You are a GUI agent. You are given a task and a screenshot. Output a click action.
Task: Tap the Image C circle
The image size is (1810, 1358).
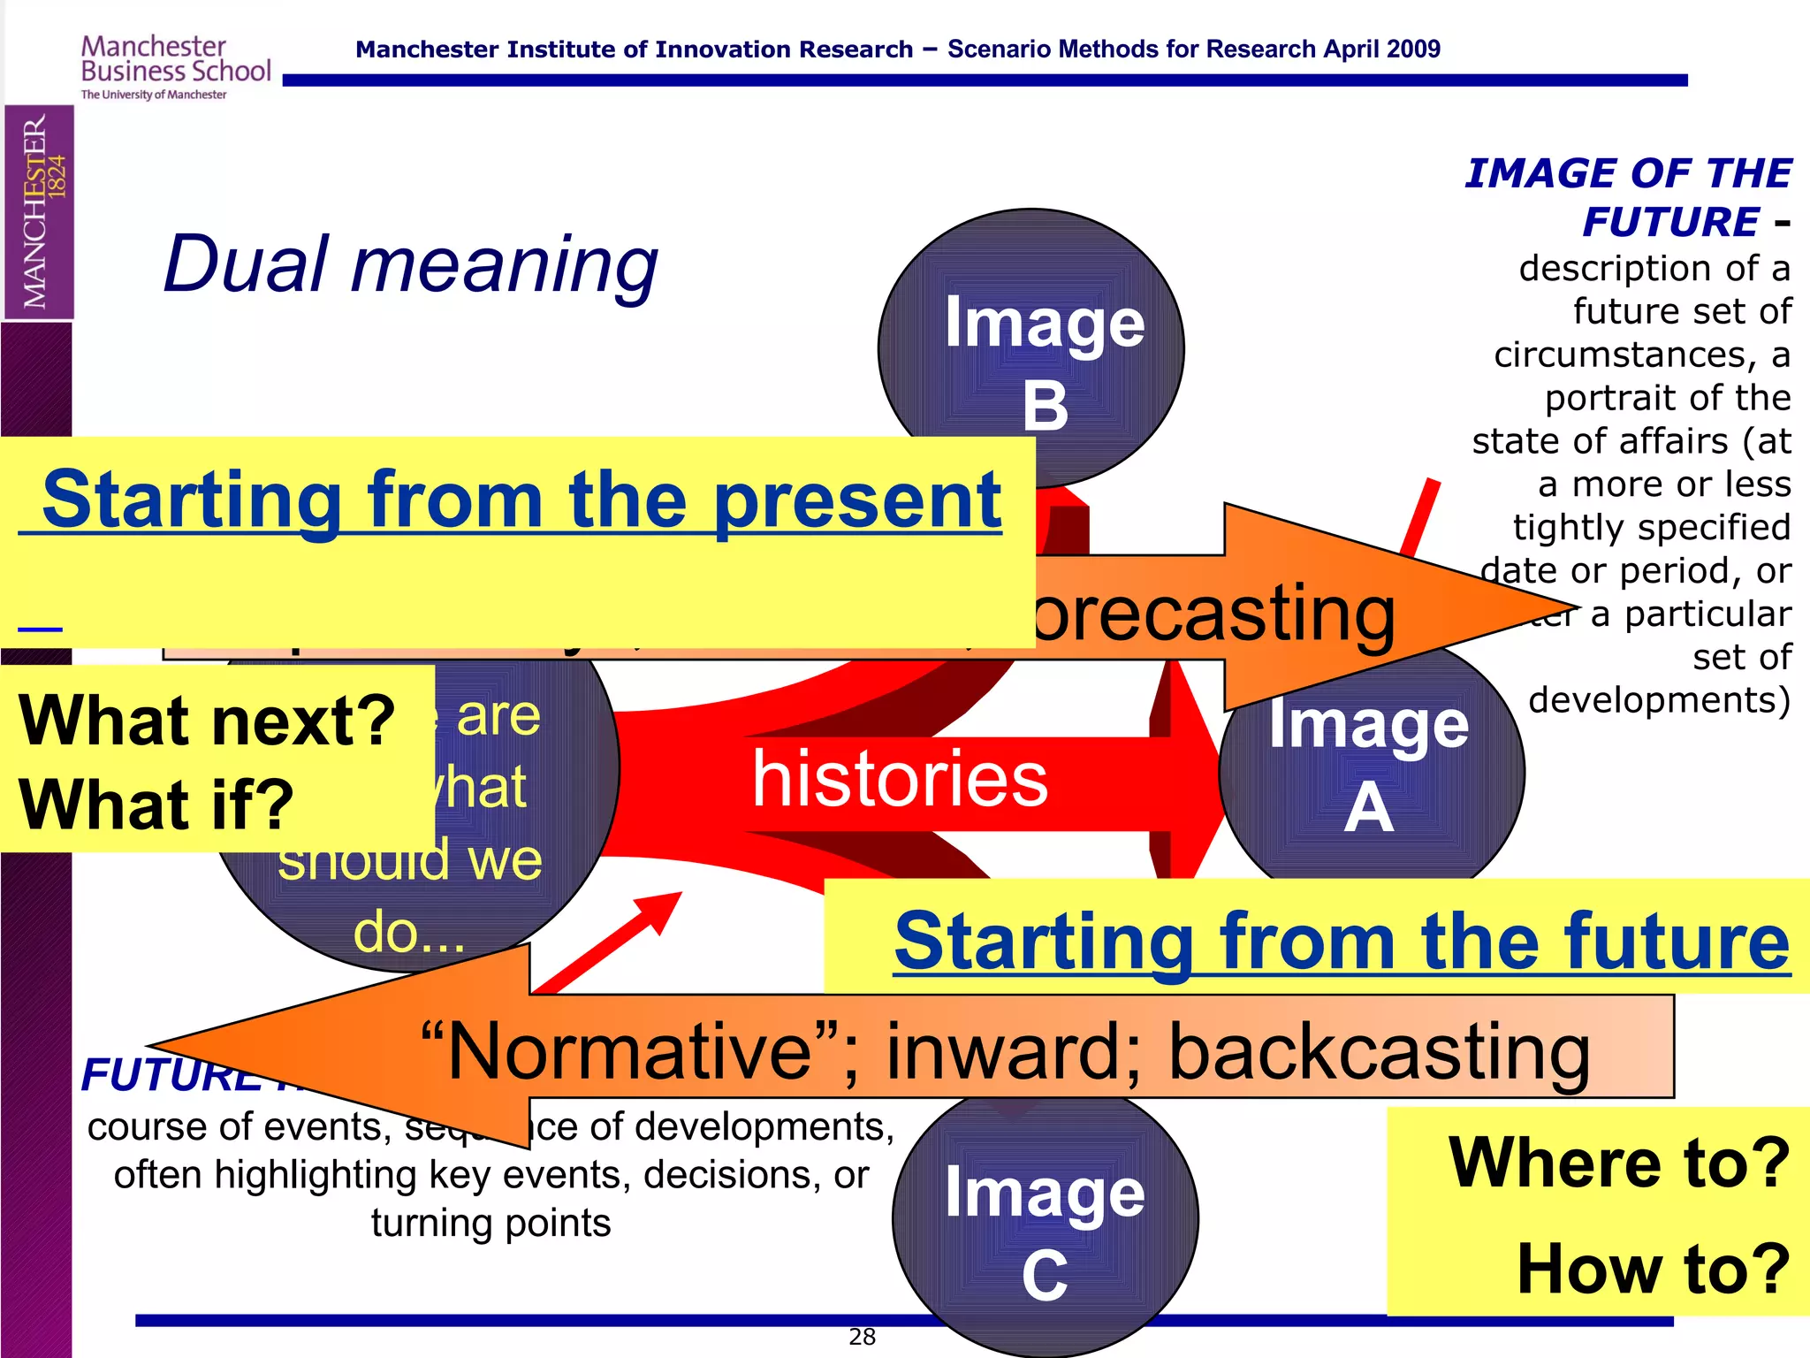click(1045, 1229)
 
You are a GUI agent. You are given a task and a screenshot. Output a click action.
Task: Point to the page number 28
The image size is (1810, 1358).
click(862, 1337)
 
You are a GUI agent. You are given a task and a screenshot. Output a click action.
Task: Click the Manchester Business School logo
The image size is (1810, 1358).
click(175, 67)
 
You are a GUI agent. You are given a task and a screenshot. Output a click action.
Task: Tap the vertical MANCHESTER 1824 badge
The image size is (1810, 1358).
click(39, 212)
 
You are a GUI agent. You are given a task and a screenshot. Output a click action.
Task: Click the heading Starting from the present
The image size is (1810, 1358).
click(521, 501)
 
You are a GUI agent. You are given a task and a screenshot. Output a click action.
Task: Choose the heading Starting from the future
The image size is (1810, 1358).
click(1342, 942)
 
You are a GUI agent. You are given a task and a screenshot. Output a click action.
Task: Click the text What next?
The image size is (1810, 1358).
click(207, 721)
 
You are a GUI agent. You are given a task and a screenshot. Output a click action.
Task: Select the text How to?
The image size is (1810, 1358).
click(1653, 1270)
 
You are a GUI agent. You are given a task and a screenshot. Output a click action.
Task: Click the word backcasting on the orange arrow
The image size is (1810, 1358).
click(1379, 1052)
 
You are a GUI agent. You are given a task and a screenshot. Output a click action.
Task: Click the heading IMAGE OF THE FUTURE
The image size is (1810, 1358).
click(1628, 196)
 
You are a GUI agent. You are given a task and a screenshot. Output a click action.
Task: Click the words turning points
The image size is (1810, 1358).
click(491, 1224)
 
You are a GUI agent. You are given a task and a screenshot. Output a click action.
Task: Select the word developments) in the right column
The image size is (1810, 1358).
click(1659, 700)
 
